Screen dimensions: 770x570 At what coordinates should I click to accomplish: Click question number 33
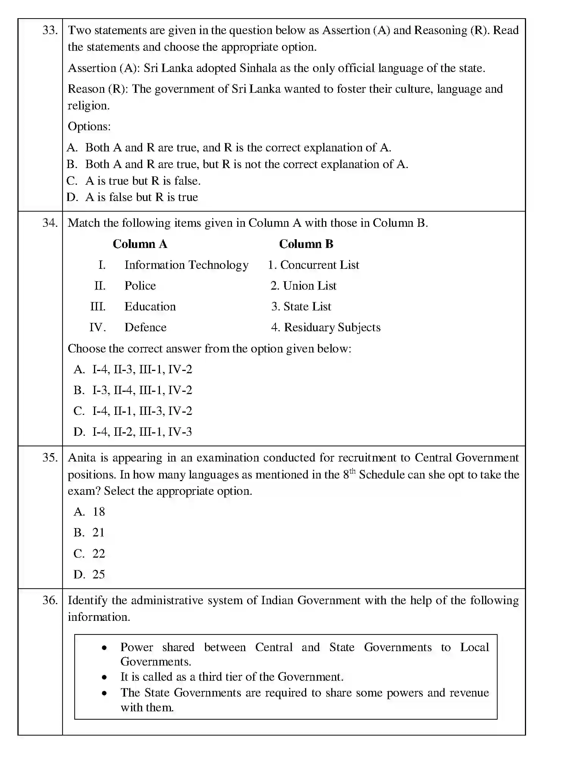[x=50, y=30]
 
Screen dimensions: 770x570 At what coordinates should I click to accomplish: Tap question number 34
[x=50, y=223]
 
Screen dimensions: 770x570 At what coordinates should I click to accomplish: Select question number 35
[x=50, y=458]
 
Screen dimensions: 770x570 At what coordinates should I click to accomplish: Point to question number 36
[x=50, y=600]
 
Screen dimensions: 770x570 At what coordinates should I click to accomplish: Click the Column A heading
[x=140, y=244]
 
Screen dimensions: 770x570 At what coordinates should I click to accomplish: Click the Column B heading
[x=306, y=244]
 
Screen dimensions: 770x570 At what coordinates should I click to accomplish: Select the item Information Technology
[x=186, y=265]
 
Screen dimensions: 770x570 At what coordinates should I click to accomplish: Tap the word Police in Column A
[x=140, y=286]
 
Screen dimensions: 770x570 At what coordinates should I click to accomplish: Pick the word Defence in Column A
[x=145, y=327]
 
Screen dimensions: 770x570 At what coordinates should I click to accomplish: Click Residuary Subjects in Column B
[x=332, y=327]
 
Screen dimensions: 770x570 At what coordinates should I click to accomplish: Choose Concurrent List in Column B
[x=319, y=265]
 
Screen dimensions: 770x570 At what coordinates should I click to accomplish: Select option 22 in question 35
[x=99, y=553]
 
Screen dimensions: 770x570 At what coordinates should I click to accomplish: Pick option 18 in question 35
[x=99, y=512]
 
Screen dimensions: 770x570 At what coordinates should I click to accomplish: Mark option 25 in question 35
[x=99, y=574]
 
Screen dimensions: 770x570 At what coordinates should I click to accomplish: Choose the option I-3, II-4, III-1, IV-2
[x=142, y=390]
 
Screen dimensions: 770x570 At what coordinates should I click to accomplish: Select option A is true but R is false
[x=142, y=181]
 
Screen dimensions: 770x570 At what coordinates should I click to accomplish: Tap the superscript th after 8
[x=352, y=471]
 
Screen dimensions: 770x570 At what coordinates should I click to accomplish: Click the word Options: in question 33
[x=89, y=126]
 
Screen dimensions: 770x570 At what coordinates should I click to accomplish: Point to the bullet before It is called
[x=104, y=677]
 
